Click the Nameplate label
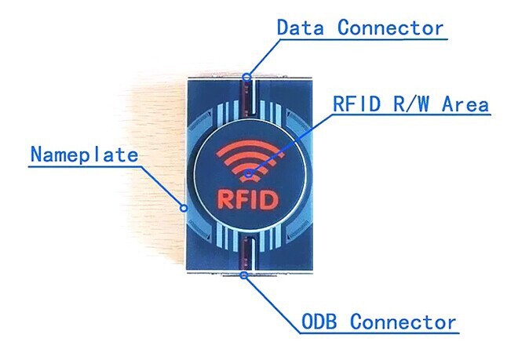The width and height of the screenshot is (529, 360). click(84, 153)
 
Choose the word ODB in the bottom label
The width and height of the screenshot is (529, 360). click(320, 322)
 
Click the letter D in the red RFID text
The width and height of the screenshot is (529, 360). click(268, 198)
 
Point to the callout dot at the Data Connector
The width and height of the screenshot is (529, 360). click(247, 77)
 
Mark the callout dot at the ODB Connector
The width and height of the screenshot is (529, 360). click(244, 275)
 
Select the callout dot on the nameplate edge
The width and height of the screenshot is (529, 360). click(184, 208)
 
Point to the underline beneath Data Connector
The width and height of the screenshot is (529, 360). click(360, 38)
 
